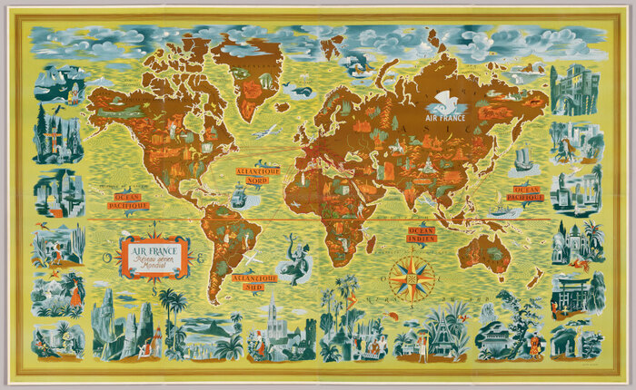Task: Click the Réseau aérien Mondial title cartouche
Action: click(155, 257)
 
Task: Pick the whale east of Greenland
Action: click(295, 90)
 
